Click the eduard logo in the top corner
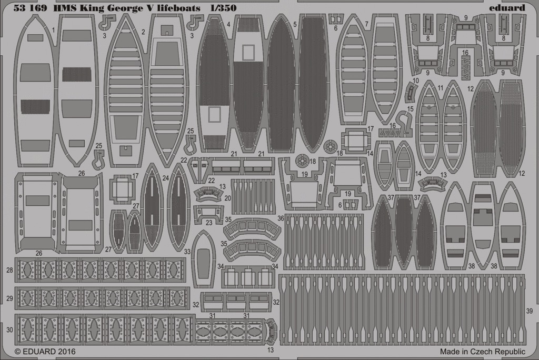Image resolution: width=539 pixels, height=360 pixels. coord(507,7)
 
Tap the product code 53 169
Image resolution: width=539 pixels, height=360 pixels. coord(30,8)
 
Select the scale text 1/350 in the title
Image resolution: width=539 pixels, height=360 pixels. coord(224,8)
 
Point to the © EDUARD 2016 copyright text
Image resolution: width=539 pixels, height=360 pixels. coord(45,352)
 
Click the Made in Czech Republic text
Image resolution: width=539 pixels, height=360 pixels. coord(483,352)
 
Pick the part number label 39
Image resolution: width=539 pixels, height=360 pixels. coord(530,311)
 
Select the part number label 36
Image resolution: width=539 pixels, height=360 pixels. coord(281,218)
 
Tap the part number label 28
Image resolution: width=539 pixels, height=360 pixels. coord(9,270)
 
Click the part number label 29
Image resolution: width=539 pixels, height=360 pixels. coord(9,298)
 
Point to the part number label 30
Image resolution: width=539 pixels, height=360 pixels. coord(9,330)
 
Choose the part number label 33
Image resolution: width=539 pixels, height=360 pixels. coord(187,252)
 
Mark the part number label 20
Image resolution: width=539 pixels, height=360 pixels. coord(227,198)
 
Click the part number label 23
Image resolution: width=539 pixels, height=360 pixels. coord(209,223)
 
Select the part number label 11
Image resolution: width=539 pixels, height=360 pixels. coord(441,88)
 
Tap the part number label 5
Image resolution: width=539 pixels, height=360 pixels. coord(295,24)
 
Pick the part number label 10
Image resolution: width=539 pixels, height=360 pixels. coord(416,81)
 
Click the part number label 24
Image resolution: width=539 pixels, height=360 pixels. coord(166,178)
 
